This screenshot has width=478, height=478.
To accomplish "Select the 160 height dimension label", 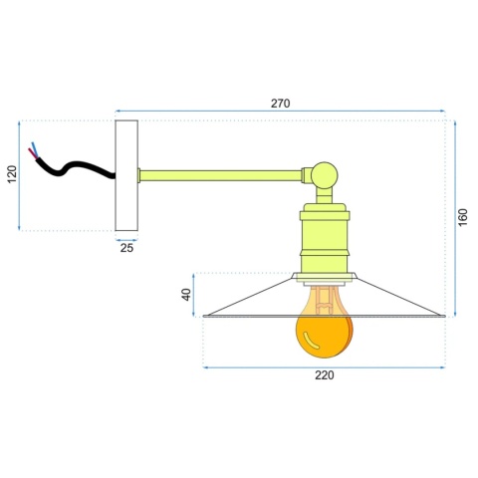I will point(463,218).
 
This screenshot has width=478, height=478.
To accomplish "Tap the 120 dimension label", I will point(12,175).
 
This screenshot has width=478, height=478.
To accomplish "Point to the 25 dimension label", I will point(126,249).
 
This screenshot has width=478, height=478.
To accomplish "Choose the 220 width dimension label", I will point(324,375).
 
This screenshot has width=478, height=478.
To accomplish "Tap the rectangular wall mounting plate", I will point(126,175).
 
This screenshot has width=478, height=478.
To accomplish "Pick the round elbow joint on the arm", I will point(325,175).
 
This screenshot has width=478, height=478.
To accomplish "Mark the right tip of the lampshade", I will point(442,316).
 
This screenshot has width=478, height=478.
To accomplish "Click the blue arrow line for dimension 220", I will point(324,365).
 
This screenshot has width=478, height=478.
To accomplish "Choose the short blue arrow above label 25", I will point(126,239).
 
